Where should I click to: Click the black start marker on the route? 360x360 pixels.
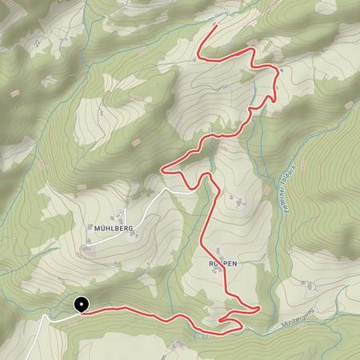click(81, 304)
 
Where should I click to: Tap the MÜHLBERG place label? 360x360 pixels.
click(112, 228)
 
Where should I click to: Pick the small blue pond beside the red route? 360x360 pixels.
click(279, 71)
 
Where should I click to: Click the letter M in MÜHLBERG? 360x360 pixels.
click(95, 228)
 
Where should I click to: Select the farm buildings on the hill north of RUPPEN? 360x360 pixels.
click(238, 204)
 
